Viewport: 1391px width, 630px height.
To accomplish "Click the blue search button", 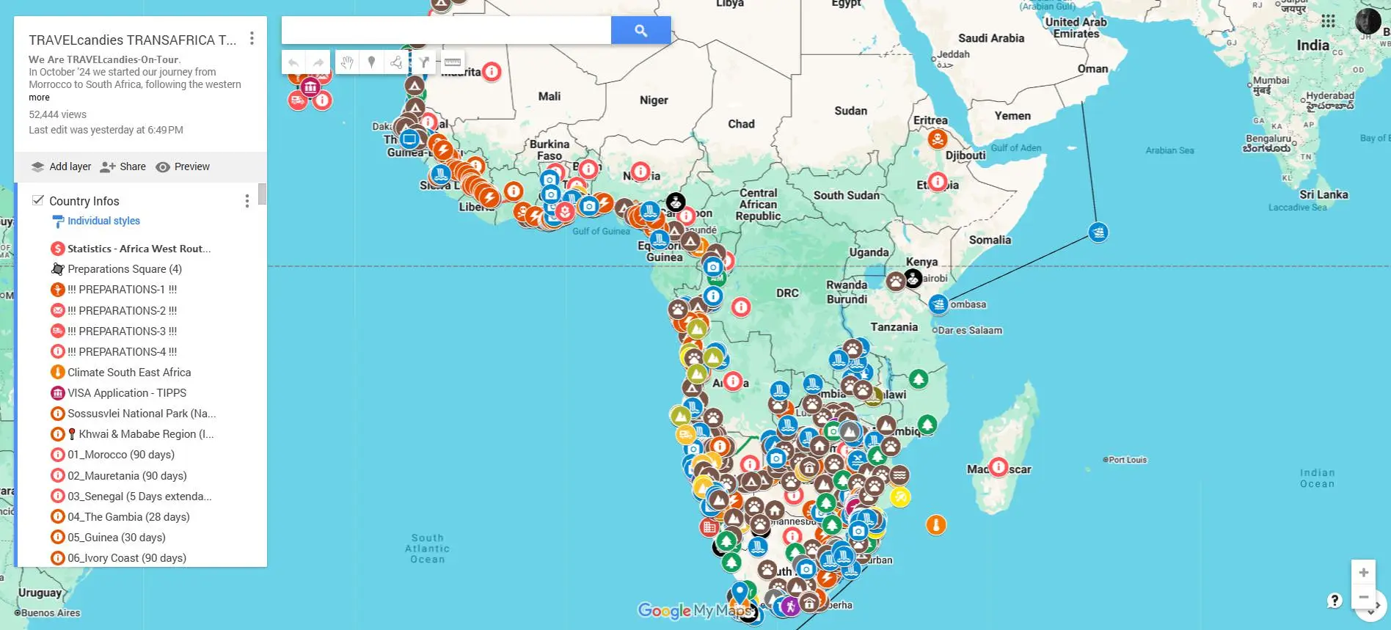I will (x=640, y=30).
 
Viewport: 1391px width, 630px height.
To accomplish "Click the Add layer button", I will (x=62, y=166).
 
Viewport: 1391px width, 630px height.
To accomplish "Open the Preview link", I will (x=183, y=166).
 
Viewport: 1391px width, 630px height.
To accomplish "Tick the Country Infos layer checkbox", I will (x=38, y=200).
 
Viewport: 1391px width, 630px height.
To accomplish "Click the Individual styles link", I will (x=103, y=221).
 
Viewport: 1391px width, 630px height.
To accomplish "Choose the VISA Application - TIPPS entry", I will (x=126, y=393).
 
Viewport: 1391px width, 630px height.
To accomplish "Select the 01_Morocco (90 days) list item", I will (x=120, y=455).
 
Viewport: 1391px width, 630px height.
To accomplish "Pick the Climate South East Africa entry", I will (x=128, y=373).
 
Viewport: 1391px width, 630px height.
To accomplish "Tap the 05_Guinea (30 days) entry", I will (x=116, y=538).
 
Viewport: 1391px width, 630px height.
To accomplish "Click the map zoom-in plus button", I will (x=1363, y=572).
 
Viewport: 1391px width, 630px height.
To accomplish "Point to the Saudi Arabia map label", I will (x=990, y=38).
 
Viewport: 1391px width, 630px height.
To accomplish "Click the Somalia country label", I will (x=989, y=240).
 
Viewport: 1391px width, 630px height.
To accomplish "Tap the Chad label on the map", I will (x=741, y=124).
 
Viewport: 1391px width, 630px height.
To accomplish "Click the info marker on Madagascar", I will (x=998, y=467).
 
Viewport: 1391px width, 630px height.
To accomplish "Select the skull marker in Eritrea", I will (x=937, y=138).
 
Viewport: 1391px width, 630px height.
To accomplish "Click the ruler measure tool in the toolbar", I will (x=453, y=62).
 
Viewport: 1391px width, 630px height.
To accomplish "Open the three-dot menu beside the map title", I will (x=252, y=38).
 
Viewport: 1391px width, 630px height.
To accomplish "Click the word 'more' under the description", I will (x=39, y=98).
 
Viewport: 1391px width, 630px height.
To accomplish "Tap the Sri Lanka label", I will (x=1324, y=194).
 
